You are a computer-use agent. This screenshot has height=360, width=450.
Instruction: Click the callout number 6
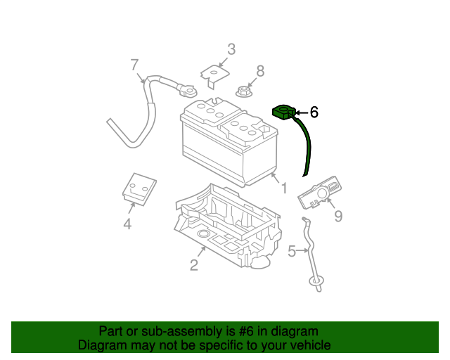(314, 112)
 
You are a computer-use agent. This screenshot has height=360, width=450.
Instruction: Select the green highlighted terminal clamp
(283, 112)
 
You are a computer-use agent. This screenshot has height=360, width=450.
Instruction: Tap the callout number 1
(283, 188)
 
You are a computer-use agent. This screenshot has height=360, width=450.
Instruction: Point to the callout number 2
(193, 264)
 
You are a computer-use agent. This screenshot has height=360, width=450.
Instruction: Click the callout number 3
(231, 49)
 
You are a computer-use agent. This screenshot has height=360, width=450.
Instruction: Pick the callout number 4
(127, 224)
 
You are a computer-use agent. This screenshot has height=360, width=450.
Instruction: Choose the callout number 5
(292, 250)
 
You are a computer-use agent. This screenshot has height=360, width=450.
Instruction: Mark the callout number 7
(134, 65)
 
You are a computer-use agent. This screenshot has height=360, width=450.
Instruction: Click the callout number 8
(260, 70)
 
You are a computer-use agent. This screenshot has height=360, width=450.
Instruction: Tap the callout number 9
(337, 217)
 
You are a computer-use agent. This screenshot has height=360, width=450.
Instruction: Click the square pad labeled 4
(138, 188)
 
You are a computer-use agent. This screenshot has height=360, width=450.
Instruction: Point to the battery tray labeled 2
(225, 225)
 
